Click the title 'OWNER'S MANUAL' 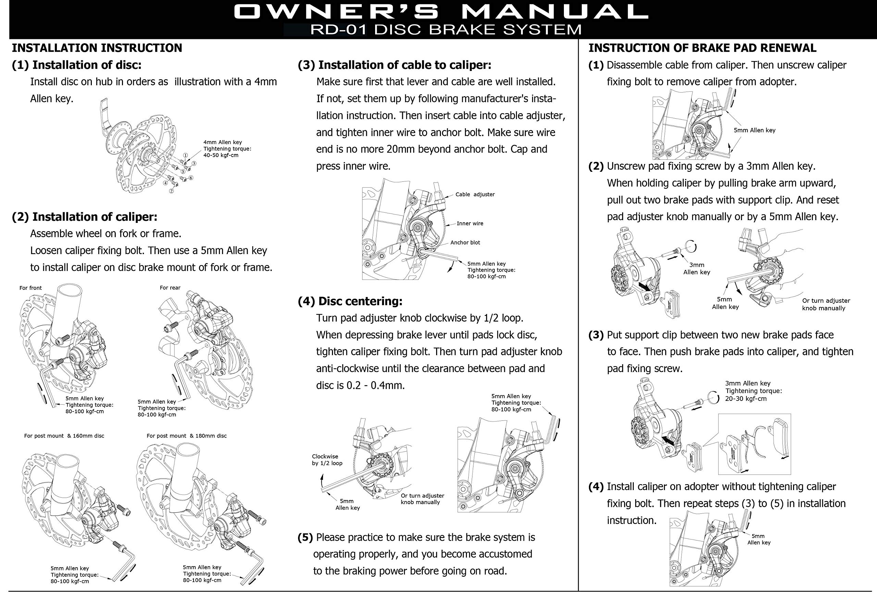pyautogui.click(x=441, y=12)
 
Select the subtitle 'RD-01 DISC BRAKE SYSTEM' pyautogui.click(x=445, y=29)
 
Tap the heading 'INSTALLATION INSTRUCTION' pyautogui.click(x=97, y=48)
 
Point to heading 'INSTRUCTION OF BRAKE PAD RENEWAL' pyautogui.click(x=702, y=48)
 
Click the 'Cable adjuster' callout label pyautogui.click(x=475, y=194)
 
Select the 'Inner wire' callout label pyautogui.click(x=470, y=224)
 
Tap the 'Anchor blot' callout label pyautogui.click(x=465, y=242)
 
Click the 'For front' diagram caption pyautogui.click(x=30, y=288)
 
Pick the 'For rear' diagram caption pyautogui.click(x=170, y=288)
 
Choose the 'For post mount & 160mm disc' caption pyautogui.click(x=64, y=436)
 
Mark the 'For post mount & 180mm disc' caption pyautogui.click(x=186, y=436)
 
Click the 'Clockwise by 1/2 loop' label pyautogui.click(x=327, y=460)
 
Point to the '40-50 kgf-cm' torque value pyautogui.click(x=221, y=155)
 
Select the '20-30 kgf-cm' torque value pyautogui.click(x=746, y=398)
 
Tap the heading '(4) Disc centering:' pyautogui.click(x=350, y=301)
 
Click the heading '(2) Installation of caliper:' pyautogui.click(x=85, y=217)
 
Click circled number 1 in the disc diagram pyautogui.click(x=185, y=155)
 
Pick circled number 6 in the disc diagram pyautogui.click(x=191, y=178)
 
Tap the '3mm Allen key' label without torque pyautogui.click(x=696, y=269)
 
